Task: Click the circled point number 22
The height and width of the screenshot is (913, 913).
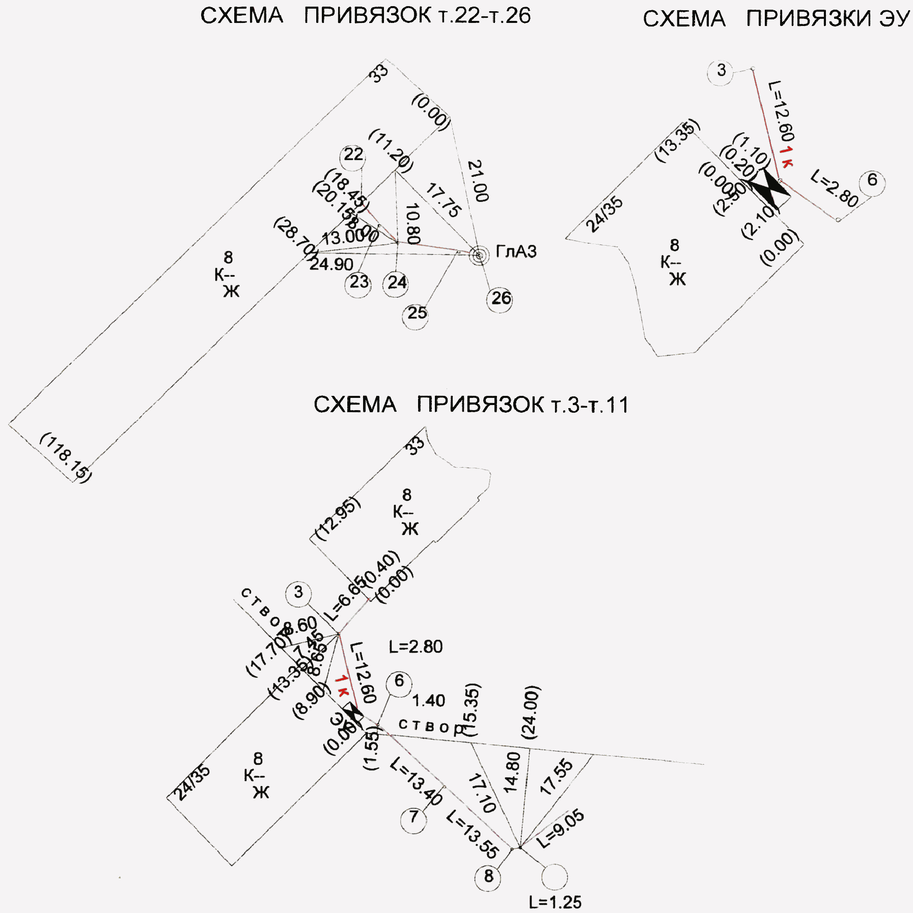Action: pyautogui.click(x=353, y=155)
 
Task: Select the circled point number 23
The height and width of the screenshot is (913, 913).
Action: pyautogui.click(x=358, y=282)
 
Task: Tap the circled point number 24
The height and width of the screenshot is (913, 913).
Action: pyautogui.click(x=397, y=283)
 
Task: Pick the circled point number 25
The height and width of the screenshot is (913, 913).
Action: pyautogui.click(x=417, y=313)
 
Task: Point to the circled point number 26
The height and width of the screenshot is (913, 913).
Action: pyautogui.click(x=500, y=299)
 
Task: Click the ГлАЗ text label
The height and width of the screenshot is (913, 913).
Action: pyautogui.click(x=516, y=252)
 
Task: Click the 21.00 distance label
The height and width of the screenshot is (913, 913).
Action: pyautogui.click(x=478, y=181)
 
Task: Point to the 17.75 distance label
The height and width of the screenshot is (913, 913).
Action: pyautogui.click(x=444, y=200)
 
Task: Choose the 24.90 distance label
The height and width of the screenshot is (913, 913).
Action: pyautogui.click(x=331, y=264)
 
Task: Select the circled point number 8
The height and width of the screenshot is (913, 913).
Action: pyautogui.click(x=488, y=876)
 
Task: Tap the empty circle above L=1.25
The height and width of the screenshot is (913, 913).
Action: pyautogui.click(x=554, y=877)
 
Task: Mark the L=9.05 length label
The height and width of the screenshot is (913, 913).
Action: pyautogui.click(x=560, y=828)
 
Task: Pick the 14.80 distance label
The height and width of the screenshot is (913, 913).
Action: pyautogui.click(x=512, y=772)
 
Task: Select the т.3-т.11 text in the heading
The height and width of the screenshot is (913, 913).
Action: pyautogui.click(x=590, y=406)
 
